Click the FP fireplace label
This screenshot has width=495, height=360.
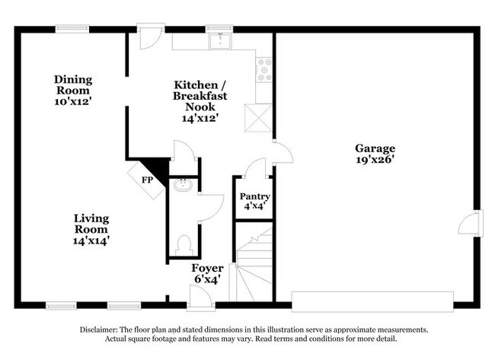[x=147, y=180]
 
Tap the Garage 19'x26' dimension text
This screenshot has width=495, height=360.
[x=375, y=160]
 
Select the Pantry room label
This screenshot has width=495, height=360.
[x=255, y=196]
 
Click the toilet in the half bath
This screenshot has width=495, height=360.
[x=184, y=245]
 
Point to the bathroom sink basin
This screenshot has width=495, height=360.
[x=183, y=186]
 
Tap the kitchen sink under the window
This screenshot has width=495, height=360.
[x=220, y=41]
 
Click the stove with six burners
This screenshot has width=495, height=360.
[x=264, y=70]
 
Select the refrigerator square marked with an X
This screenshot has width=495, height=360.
[x=258, y=118]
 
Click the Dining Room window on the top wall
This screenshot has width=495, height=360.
[x=72, y=29]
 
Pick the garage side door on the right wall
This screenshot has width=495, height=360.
[x=471, y=223]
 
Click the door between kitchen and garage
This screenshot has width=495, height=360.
[x=283, y=153]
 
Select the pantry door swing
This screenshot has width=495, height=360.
[x=256, y=168]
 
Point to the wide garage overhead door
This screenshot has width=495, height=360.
[x=372, y=301]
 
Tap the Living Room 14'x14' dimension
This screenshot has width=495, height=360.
[x=91, y=241]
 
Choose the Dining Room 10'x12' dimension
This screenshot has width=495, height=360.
[x=73, y=101]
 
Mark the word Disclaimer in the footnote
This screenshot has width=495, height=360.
[x=99, y=330]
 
